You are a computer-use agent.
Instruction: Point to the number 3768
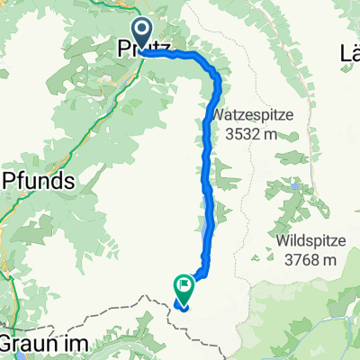point(293,236)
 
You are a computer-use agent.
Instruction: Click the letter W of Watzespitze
point(221,116)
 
